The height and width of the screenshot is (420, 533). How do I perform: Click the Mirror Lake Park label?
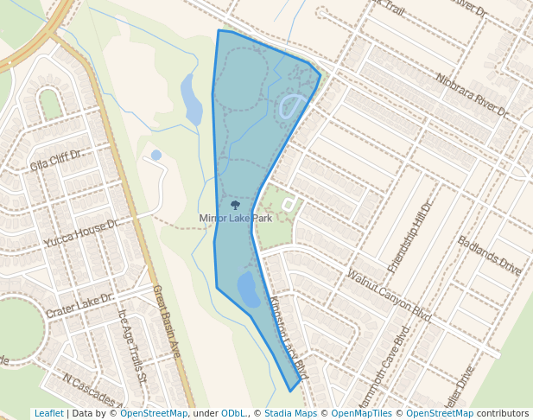tap(235, 219)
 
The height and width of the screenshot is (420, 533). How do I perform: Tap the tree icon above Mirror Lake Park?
tap(235, 206)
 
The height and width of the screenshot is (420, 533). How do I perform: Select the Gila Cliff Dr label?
tap(55, 161)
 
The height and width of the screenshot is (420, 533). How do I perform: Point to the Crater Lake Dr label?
tap(79, 305)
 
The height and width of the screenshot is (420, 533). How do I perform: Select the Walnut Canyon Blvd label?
tap(388, 296)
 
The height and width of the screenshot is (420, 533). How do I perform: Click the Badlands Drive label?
tap(490, 256)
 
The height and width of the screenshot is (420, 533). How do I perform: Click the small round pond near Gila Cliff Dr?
tap(155, 155)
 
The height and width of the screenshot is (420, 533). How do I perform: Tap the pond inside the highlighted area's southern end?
tap(248, 290)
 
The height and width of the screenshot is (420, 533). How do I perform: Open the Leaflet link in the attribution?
tap(48, 414)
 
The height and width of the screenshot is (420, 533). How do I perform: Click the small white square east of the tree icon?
tap(289, 204)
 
